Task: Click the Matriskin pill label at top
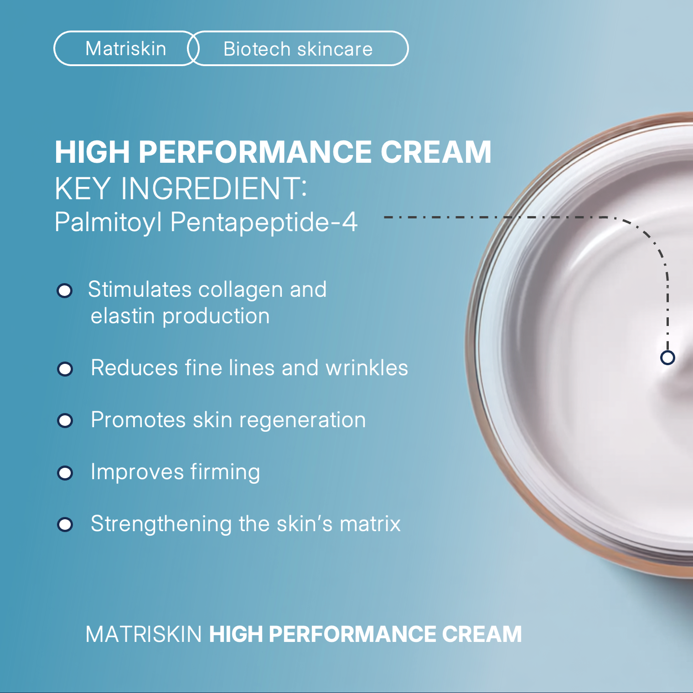125,49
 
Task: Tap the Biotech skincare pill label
298,49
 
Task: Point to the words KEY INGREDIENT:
181,188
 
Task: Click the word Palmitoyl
108,222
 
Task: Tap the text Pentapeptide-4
264,222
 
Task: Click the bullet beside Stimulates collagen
65,290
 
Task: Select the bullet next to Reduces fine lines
65,369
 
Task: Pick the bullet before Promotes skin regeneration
65,420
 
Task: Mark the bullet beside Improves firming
65,473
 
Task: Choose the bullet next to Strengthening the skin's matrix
65,524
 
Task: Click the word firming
225,472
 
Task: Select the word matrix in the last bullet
370,524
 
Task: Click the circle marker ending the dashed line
667,357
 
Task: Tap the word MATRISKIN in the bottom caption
144,634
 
